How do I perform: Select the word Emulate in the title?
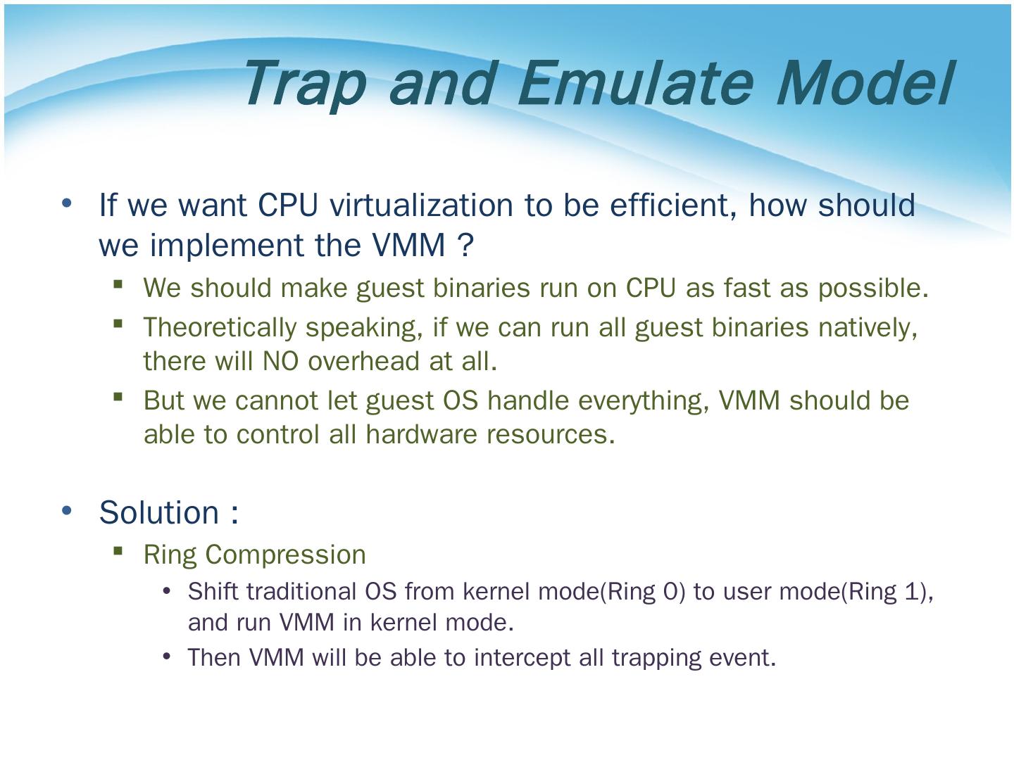pyautogui.click(x=636, y=83)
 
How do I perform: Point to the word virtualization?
pyautogui.click(x=421, y=205)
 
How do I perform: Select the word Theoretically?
pyautogui.click(x=220, y=329)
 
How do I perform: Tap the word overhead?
pyautogui.click(x=363, y=361)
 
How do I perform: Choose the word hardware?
pyautogui.click(x=421, y=434)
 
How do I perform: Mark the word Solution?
pyautogui.click(x=159, y=513)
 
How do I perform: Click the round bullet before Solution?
pyautogui.click(x=66, y=510)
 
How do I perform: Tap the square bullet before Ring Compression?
pyautogui.click(x=118, y=551)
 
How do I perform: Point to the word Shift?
pyautogui.click(x=214, y=592)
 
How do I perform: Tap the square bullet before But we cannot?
pyautogui.click(x=118, y=397)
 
